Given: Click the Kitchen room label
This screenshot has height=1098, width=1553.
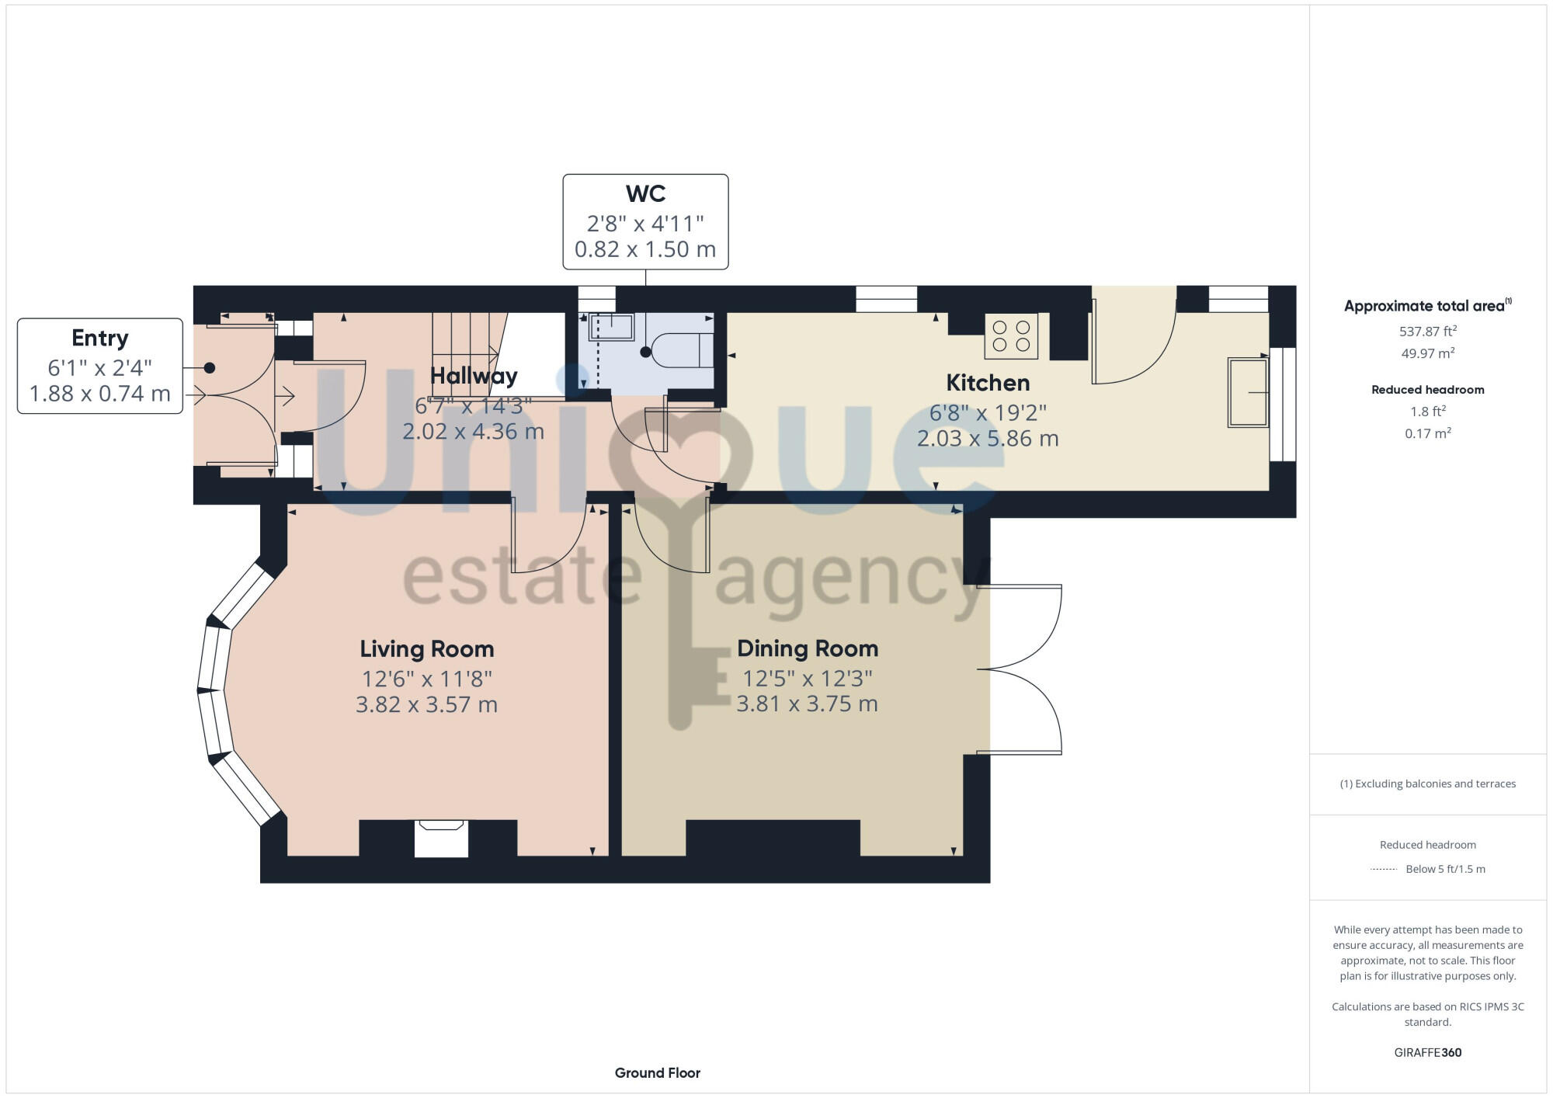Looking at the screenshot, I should coord(988,383).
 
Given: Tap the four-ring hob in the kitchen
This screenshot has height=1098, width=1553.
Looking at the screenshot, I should coord(1011,336).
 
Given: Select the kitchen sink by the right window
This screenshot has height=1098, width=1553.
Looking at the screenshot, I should coord(1247,392).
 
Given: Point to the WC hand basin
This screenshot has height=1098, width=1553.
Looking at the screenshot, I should coord(611,327).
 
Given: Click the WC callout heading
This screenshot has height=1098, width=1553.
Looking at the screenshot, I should coord(645,193).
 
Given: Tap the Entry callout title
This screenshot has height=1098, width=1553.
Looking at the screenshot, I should coord(99,338).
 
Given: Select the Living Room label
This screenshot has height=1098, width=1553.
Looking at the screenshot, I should coord(426,649).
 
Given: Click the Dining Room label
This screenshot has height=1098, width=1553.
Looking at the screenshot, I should coord(808,648).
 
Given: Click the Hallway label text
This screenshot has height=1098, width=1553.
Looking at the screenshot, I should coord(474,376).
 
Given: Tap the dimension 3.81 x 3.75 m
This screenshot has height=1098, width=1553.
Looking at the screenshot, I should coord(807,704).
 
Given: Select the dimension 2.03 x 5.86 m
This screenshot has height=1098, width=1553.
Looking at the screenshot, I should coord(988,439).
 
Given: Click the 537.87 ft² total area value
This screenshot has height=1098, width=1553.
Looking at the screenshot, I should coord(1427,332).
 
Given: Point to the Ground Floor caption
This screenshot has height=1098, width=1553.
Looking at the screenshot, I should coord(657,1073).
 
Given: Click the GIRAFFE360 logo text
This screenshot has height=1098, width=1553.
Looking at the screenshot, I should coord(1427,1053).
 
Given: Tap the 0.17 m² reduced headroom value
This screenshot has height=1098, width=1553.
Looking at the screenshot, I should coord(1427,433).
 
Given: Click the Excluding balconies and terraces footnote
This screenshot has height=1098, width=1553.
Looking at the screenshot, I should coord(1427,784).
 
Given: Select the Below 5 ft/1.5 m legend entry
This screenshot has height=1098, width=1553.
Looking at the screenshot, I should coord(1444,869).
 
